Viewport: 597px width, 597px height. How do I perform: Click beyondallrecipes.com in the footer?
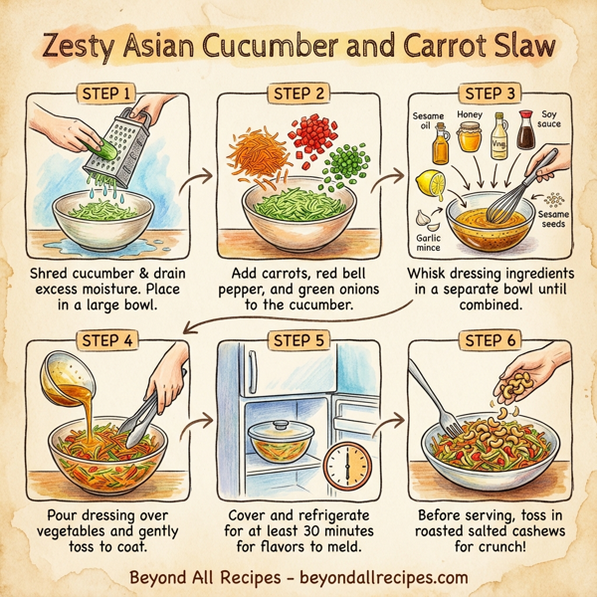384,577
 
